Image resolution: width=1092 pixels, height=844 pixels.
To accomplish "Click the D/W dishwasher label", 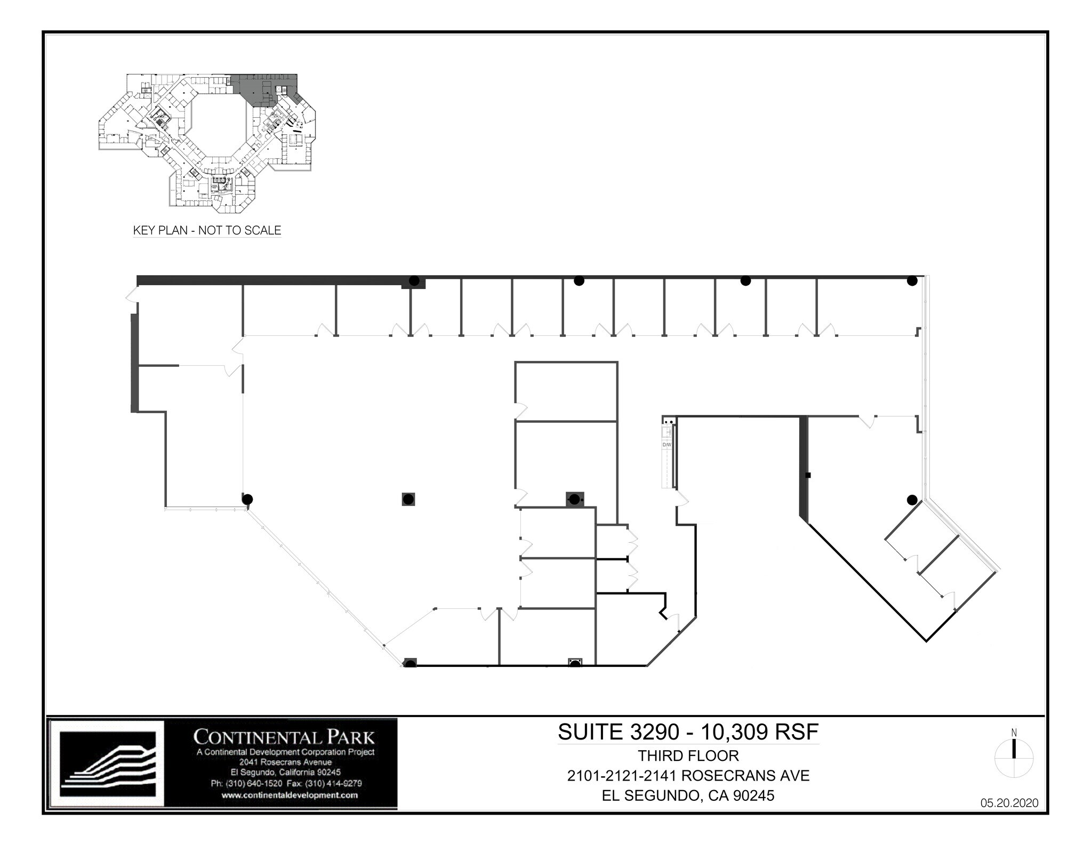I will (667, 444).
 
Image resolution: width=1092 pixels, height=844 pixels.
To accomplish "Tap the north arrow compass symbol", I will (1014, 759).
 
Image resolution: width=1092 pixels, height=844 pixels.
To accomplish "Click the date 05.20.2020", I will (1009, 803).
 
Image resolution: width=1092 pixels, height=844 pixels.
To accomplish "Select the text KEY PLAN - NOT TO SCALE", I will (207, 230).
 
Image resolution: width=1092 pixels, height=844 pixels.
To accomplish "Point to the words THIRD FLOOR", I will (688, 755).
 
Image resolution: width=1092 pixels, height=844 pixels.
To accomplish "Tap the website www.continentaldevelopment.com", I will (289, 795).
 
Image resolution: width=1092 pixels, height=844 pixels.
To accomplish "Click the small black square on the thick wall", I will (808, 475).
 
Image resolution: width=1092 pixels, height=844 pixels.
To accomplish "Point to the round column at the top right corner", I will (912, 280).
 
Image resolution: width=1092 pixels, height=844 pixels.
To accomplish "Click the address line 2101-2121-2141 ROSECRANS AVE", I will (688, 775).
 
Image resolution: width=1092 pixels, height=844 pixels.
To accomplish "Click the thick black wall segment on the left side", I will (134, 363).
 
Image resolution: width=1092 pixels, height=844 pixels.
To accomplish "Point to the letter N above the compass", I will (1014, 733).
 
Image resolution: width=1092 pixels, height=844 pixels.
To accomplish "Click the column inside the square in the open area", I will (408, 499).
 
